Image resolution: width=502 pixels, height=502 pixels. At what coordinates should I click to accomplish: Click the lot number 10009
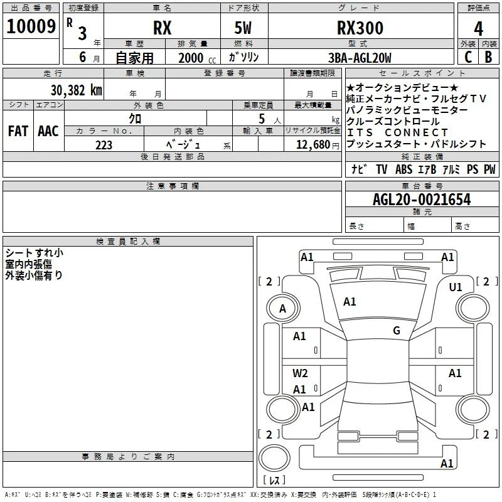(x=31, y=26)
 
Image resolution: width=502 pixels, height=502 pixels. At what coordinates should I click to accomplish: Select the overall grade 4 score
(x=478, y=28)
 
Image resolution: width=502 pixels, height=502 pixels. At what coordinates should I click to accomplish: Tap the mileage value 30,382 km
(x=76, y=90)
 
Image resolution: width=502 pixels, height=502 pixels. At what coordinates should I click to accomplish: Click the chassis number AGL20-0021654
(x=422, y=200)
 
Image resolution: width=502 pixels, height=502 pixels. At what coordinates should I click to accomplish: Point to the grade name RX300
(x=360, y=28)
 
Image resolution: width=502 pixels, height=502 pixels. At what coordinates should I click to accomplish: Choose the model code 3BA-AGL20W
(x=360, y=58)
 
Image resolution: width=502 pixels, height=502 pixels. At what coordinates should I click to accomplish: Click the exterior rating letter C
(x=468, y=57)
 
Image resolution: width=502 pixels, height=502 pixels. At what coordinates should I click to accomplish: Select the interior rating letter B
(x=488, y=57)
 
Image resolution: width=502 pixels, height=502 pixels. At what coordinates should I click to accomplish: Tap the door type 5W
(x=243, y=28)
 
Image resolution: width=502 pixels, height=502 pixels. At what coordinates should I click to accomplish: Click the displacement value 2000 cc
(x=197, y=58)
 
